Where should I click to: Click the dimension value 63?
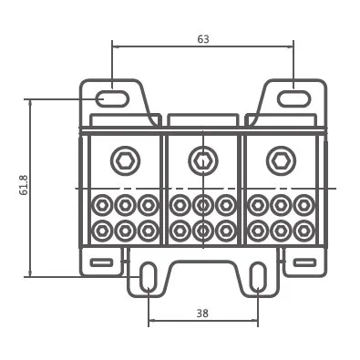point(203,39)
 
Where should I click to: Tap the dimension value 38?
point(202,314)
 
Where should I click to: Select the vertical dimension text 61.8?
point(24,185)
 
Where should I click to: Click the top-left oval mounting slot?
point(112,98)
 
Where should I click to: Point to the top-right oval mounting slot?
point(293,98)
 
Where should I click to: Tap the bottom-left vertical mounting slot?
point(148,276)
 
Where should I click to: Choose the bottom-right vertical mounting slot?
point(258,276)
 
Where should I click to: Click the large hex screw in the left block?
point(125,161)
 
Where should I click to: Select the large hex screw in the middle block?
point(202,161)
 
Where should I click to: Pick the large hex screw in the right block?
point(281,161)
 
